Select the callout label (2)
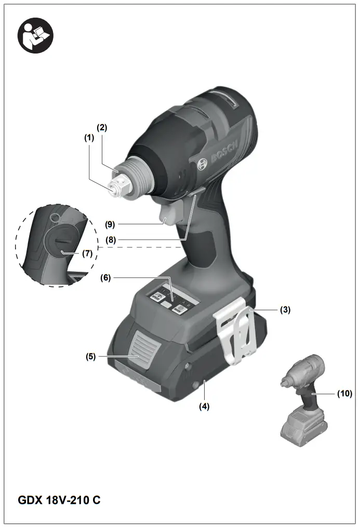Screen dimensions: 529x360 102,127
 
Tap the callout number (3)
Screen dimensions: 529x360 285,310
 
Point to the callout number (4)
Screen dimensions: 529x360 205,407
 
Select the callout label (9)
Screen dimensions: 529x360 110,224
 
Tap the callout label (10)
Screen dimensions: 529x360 344,393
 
